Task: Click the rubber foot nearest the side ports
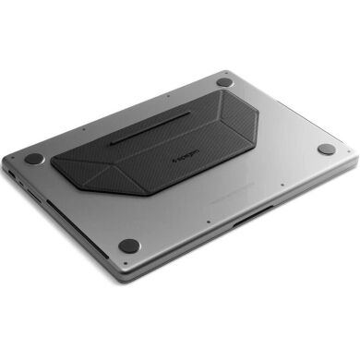34,159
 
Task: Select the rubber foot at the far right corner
326,150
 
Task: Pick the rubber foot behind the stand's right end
224,83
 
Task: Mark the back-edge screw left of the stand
81,128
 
